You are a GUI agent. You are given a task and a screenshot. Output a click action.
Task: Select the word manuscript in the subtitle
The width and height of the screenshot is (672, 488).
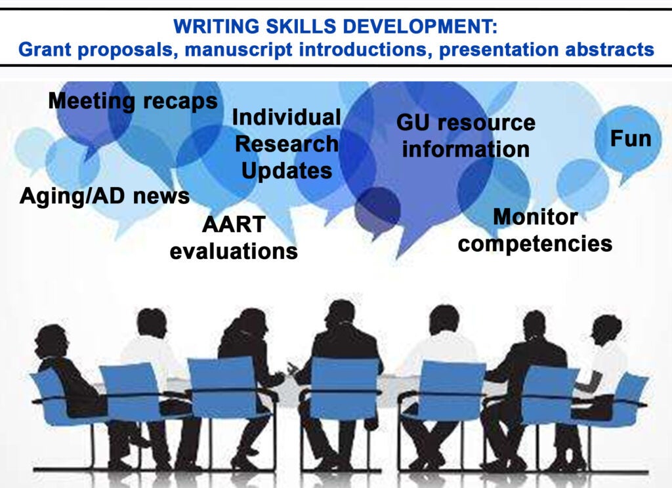point(239,50)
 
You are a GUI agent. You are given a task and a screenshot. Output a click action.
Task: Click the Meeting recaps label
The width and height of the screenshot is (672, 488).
point(133,102)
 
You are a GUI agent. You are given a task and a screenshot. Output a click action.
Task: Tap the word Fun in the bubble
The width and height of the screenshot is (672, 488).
point(631,139)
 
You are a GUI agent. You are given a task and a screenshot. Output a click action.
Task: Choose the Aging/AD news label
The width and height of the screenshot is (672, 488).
point(104,197)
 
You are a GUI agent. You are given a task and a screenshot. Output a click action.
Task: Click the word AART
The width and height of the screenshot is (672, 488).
point(234,224)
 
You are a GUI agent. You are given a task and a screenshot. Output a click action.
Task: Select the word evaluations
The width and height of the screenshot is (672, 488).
point(234,251)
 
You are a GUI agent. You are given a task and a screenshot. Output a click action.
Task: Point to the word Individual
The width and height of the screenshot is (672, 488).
point(286,117)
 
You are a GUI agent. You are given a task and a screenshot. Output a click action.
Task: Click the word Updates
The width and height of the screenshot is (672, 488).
point(286,171)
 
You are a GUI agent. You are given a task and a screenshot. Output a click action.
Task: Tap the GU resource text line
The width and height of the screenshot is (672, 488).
point(466,123)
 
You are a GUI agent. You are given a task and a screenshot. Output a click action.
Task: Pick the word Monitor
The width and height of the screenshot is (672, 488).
point(535,217)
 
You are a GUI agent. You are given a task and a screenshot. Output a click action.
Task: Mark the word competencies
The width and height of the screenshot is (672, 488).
point(535,244)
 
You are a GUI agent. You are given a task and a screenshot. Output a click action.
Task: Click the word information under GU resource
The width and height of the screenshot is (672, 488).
point(466,150)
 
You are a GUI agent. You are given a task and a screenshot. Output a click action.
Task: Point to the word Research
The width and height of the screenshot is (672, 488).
point(286,144)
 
